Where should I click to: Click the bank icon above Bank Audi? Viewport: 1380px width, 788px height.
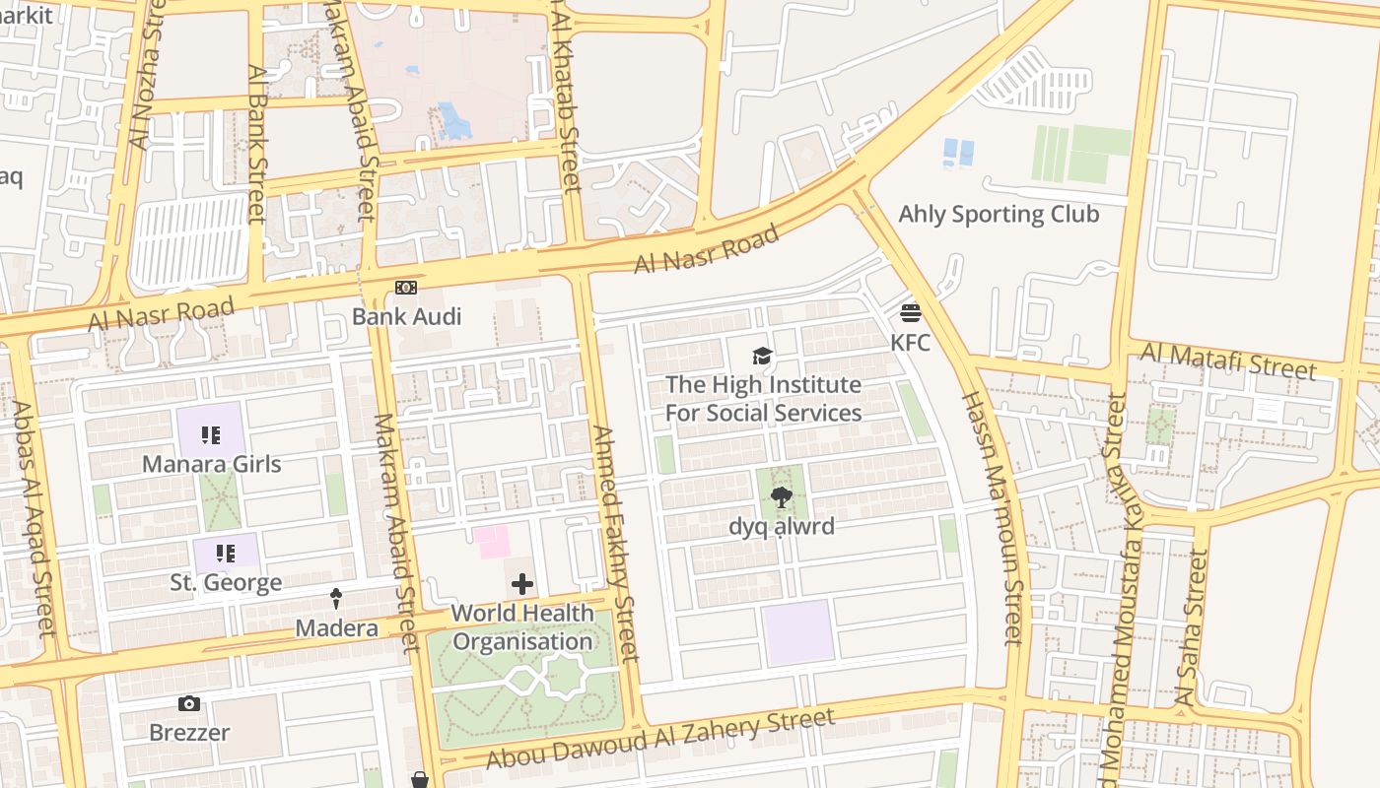406,288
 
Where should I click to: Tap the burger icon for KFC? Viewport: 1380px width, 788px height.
910,313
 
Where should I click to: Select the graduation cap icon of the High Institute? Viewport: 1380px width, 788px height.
762,356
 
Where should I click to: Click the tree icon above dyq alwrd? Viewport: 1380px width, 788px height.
782,497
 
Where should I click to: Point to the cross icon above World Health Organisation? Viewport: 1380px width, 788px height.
522,585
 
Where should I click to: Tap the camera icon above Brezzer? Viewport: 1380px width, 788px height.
189,703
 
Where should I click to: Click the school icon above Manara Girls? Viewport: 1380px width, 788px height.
210,434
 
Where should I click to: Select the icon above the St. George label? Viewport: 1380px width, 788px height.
226,554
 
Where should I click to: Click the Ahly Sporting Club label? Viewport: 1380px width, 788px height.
999,214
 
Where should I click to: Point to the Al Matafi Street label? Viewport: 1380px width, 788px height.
1228,361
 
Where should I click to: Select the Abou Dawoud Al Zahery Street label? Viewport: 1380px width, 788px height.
660,738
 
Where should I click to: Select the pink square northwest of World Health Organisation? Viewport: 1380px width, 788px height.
492,542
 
